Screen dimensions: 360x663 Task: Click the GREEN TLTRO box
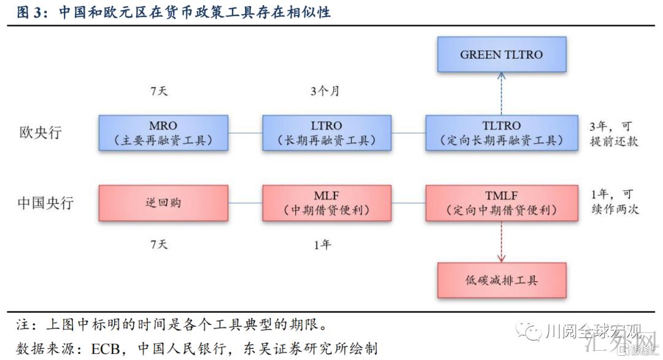[501, 54]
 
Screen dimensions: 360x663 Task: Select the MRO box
[163, 133]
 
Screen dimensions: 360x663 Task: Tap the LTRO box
[327, 133]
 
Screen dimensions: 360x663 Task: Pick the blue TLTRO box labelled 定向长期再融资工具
[501, 133]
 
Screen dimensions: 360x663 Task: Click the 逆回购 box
[163, 203]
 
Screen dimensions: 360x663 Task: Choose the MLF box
[327, 203]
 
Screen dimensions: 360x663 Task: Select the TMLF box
[501, 203]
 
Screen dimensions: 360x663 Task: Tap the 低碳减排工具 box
[501, 280]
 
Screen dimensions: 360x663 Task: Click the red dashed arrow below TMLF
[501, 241]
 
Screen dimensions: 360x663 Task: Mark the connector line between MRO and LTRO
[245, 133]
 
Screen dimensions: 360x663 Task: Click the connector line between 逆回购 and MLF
[245, 203]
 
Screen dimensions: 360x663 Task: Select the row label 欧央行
[41, 133]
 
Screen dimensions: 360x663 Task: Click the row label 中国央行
[46, 203]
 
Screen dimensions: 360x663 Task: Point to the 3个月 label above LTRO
[325, 92]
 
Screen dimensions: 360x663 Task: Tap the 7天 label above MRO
[159, 92]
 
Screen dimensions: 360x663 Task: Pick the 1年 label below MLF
[322, 245]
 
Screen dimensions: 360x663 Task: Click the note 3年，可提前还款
[613, 133]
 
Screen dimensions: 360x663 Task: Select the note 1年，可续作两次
[613, 202]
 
